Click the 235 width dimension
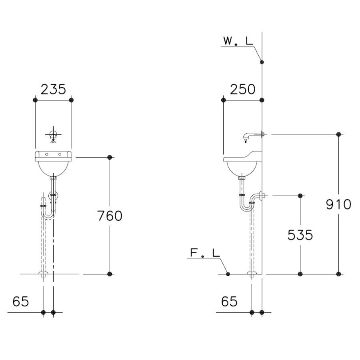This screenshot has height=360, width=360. click(53, 89)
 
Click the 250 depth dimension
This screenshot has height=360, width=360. click(242, 89)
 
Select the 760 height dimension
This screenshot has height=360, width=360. click(110, 216)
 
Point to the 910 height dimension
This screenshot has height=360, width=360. click(339, 204)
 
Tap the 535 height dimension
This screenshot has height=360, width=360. click(300, 235)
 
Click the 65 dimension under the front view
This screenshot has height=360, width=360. click(21, 301)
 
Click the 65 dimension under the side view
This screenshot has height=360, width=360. click(229, 301)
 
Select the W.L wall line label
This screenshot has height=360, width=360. click(238, 41)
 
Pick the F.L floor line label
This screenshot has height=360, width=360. click(205, 253)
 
